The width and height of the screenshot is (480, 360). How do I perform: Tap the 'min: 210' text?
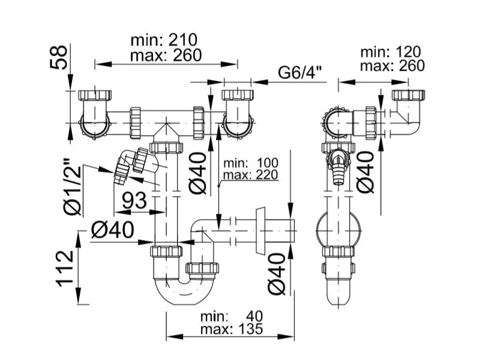(164, 40)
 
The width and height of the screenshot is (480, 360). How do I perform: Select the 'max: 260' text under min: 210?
(166, 55)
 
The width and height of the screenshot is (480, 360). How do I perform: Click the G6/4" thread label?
(300, 73)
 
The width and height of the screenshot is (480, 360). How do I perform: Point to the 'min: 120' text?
(391, 52)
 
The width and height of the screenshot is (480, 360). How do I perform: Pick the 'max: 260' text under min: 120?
(392, 66)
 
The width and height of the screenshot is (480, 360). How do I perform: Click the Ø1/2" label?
(72, 187)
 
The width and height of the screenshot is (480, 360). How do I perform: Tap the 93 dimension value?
(134, 201)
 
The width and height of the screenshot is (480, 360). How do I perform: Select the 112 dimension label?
(65, 269)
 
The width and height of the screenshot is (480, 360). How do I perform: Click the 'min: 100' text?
(251, 163)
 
